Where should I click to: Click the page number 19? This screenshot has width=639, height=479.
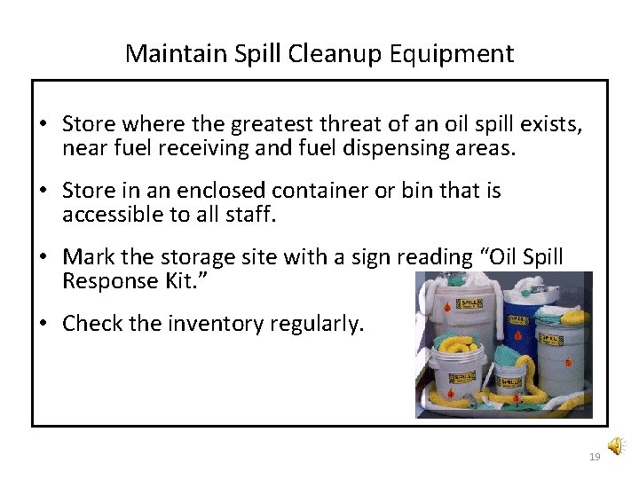(594, 456)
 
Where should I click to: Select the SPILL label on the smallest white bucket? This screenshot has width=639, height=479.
(509, 382)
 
